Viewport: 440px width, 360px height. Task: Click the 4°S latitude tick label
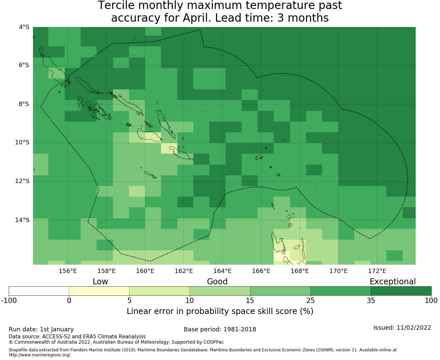pyautogui.click(x=24, y=27)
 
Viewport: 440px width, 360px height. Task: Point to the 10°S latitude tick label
pyautogui.click(x=22, y=143)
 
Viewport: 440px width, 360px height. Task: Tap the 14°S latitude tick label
pyautogui.click(x=22, y=220)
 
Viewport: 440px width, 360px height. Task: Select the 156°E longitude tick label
pyautogui.click(x=68, y=271)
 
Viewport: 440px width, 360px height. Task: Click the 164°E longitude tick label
pyautogui.click(x=222, y=271)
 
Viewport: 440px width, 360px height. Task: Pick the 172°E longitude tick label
pyautogui.click(x=377, y=271)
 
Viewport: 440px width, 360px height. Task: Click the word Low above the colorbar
pyautogui.click(x=100, y=282)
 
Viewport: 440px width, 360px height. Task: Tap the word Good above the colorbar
pyautogui.click(x=217, y=282)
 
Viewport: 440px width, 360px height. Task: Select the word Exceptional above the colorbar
pyautogui.click(x=393, y=282)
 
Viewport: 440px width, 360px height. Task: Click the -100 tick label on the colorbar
pyautogui.click(x=9, y=301)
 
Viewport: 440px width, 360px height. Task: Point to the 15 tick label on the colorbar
pyautogui.click(x=250, y=301)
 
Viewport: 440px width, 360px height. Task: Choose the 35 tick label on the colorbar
pyautogui.click(x=371, y=301)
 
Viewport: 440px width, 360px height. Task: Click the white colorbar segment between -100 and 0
pyautogui.click(x=39, y=291)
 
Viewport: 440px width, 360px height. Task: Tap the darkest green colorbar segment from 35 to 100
pyautogui.click(x=401, y=291)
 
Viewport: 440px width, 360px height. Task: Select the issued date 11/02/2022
pyautogui.click(x=414, y=328)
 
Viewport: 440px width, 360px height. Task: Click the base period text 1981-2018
pyautogui.click(x=240, y=329)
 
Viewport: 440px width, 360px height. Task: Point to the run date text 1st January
pyautogui.click(x=57, y=329)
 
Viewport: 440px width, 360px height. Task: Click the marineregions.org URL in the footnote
pyautogui.click(x=40, y=355)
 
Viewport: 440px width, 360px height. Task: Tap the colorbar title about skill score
pyautogui.click(x=220, y=311)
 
